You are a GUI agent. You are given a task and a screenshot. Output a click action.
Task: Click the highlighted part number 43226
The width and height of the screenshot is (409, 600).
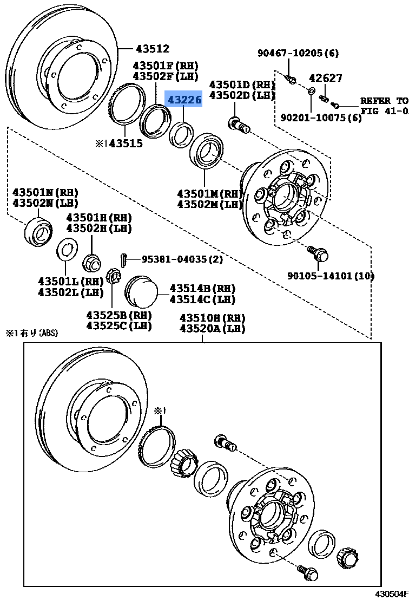tap(184, 100)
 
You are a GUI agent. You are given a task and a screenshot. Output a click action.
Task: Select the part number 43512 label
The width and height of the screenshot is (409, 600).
tap(152, 49)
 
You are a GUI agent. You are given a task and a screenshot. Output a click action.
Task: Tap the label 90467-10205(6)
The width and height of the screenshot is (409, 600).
tap(298, 53)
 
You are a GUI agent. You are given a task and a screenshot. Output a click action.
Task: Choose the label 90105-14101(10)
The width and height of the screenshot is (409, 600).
tap(331, 276)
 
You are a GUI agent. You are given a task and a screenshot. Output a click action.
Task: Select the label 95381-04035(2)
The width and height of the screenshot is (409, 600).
tap(182, 259)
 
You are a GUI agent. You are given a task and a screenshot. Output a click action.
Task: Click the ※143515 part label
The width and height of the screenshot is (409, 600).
tap(119, 144)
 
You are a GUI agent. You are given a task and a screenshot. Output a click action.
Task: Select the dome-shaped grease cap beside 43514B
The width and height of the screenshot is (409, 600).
tap(140, 293)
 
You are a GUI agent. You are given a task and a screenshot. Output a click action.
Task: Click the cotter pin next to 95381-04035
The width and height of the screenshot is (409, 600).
tap(124, 260)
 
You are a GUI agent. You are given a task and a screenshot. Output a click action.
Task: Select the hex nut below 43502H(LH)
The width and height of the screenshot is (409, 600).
tap(92, 263)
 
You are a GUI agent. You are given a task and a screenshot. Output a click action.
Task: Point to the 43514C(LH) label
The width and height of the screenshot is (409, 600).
tap(202, 299)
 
